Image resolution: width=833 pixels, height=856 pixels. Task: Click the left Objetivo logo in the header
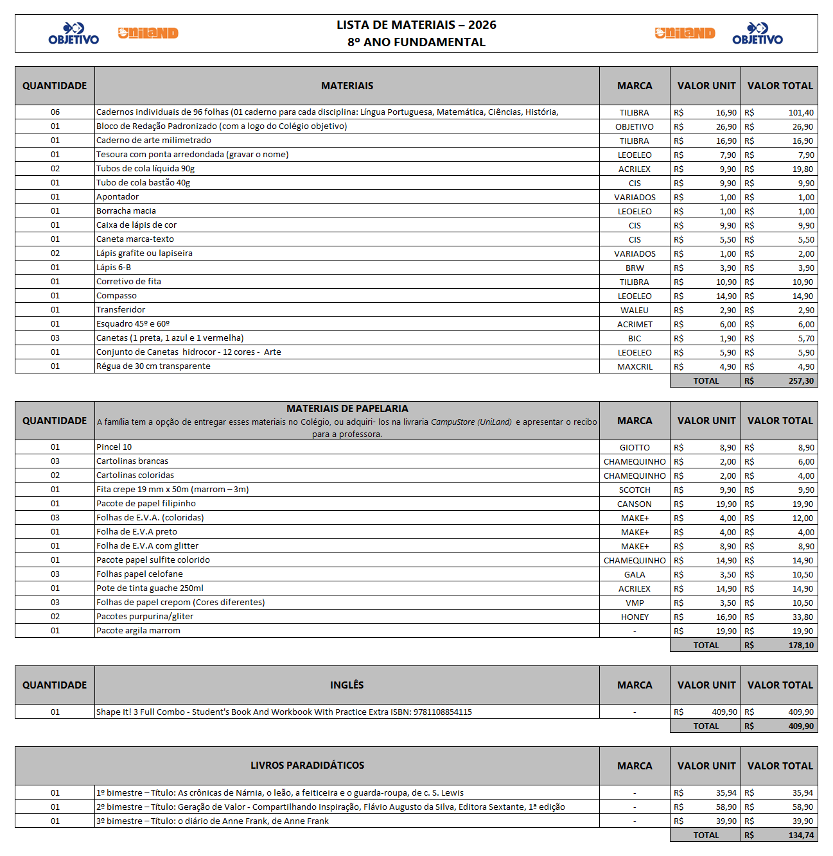74,33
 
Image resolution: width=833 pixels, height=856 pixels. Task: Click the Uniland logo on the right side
685,33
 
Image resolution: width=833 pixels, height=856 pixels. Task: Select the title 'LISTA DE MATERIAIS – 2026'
416,25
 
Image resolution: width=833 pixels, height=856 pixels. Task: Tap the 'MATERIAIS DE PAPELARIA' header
347,409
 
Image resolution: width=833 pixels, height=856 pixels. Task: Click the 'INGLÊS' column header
347,685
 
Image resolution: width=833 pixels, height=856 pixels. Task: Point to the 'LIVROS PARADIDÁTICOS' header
307,766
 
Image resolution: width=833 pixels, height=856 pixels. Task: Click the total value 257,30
801,381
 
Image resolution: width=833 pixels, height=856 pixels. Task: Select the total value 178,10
801,646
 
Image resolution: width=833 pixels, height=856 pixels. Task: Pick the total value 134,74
801,835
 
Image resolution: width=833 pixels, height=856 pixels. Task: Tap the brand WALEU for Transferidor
635,311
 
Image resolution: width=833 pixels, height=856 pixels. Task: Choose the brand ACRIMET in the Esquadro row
635,325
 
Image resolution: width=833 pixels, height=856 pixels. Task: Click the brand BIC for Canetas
635,339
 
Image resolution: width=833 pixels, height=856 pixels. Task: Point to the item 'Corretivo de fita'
128,282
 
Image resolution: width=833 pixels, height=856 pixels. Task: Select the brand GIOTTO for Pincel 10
635,448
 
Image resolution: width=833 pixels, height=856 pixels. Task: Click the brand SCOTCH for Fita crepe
635,490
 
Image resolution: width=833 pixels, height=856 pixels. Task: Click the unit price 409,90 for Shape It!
724,712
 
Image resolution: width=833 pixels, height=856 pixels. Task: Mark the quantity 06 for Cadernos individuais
55,112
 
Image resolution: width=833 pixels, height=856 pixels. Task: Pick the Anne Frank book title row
212,821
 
